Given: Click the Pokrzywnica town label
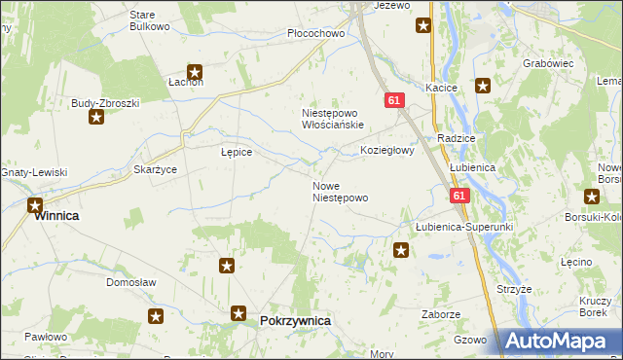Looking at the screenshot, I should click(296, 320).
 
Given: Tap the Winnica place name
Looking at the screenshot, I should click(56, 217).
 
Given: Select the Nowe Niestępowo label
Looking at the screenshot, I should click(340, 192).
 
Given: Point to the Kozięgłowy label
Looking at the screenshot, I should click(387, 151).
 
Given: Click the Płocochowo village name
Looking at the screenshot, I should click(317, 33).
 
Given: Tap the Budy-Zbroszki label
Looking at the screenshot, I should click(106, 102).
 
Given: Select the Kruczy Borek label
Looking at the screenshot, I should click(593, 307).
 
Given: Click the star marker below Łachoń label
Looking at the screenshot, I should click(195, 71).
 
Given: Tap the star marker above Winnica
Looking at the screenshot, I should click(35, 205).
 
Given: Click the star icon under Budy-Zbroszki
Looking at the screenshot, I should click(96, 118).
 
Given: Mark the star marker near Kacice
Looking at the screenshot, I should click(482, 86).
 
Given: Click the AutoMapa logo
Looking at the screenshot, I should click(559, 342).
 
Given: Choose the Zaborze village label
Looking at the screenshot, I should click(440, 314).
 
